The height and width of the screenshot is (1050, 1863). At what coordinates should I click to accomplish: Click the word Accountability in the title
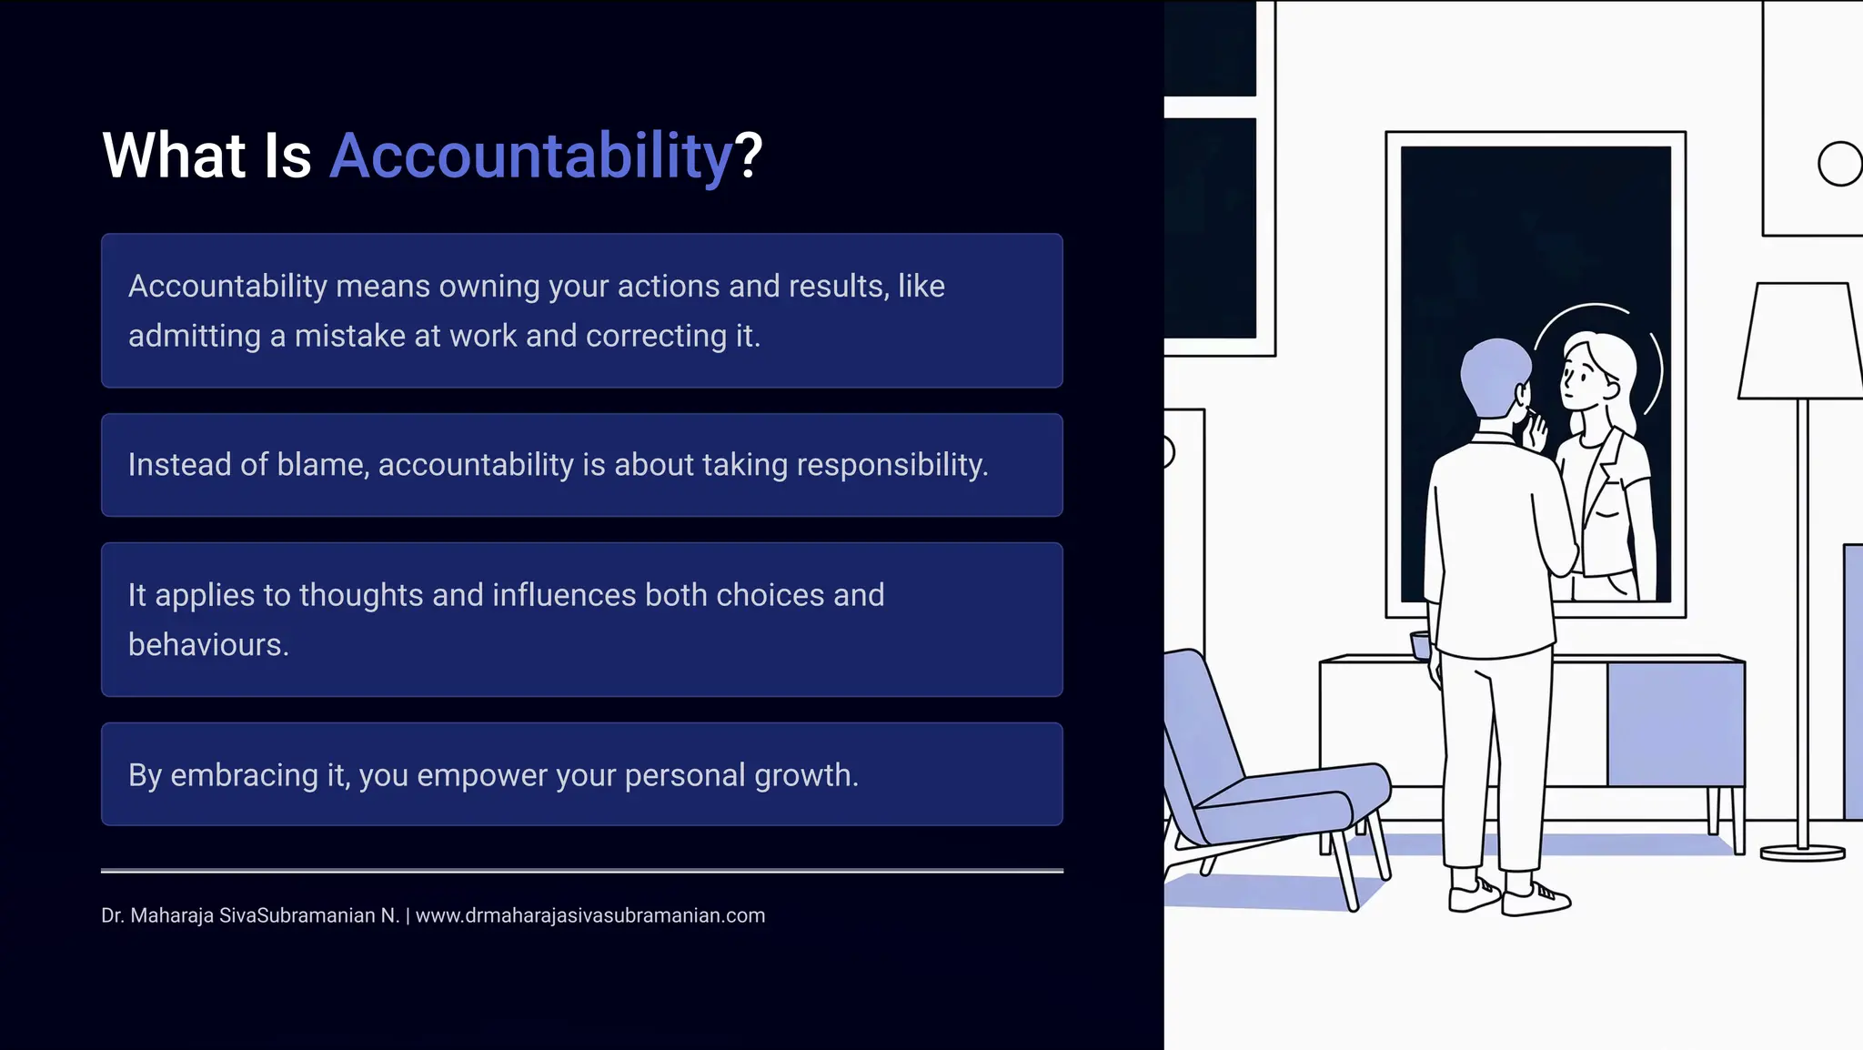tap(530, 156)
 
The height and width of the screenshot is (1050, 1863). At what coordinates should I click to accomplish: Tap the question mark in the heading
tap(749, 156)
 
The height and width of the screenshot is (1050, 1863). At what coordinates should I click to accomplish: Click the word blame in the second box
tap(320, 465)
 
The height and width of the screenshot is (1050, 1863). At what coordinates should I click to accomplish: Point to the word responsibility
tap(891, 465)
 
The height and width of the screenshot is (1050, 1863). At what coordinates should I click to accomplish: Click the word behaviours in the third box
tap(207, 645)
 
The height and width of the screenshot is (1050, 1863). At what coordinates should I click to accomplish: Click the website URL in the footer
tap(589, 915)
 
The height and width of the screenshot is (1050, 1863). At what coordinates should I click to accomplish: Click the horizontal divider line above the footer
tap(582, 871)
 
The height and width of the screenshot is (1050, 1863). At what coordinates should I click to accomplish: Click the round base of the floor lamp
tap(1802, 853)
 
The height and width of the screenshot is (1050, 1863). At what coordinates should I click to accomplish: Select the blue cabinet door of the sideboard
tap(1675, 723)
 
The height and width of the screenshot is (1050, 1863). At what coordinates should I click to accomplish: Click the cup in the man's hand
tap(1420, 644)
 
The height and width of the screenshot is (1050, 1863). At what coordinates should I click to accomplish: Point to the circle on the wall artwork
tap(1839, 164)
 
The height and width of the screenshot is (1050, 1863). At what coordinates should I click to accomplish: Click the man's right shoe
tap(1537, 898)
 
